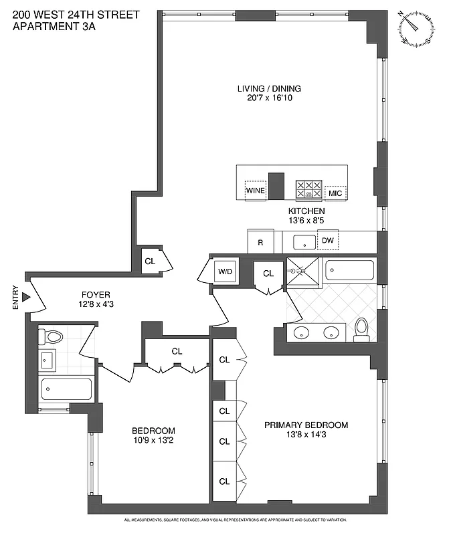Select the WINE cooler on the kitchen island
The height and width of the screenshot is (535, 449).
(255, 191)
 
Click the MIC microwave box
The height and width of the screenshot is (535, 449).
(335, 193)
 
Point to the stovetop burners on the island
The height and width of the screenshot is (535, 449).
(309, 189)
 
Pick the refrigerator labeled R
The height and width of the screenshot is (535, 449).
(260, 242)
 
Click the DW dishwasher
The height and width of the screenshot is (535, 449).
(328, 241)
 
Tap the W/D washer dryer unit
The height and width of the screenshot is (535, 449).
(223, 272)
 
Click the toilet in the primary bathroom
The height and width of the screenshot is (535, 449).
(362, 329)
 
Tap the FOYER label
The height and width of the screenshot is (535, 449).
(96, 294)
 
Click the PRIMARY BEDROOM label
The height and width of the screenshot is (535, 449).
(306, 425)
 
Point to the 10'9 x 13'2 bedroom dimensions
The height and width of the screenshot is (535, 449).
(153, 440)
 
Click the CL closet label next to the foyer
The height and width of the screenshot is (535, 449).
(150, 261)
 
